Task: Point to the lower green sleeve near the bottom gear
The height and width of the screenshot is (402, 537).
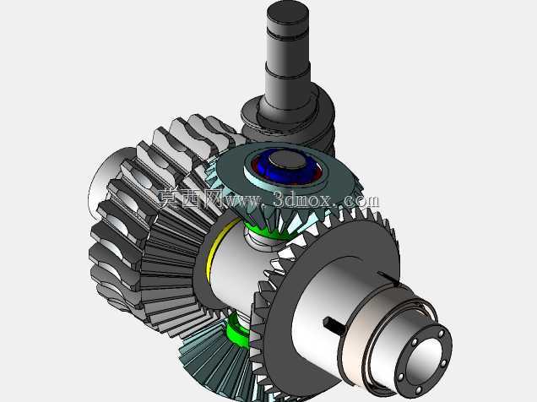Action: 237,329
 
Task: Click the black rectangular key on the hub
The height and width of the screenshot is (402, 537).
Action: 334,326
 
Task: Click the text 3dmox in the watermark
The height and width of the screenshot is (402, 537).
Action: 302,199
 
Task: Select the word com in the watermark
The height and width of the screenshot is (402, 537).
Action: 361,201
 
